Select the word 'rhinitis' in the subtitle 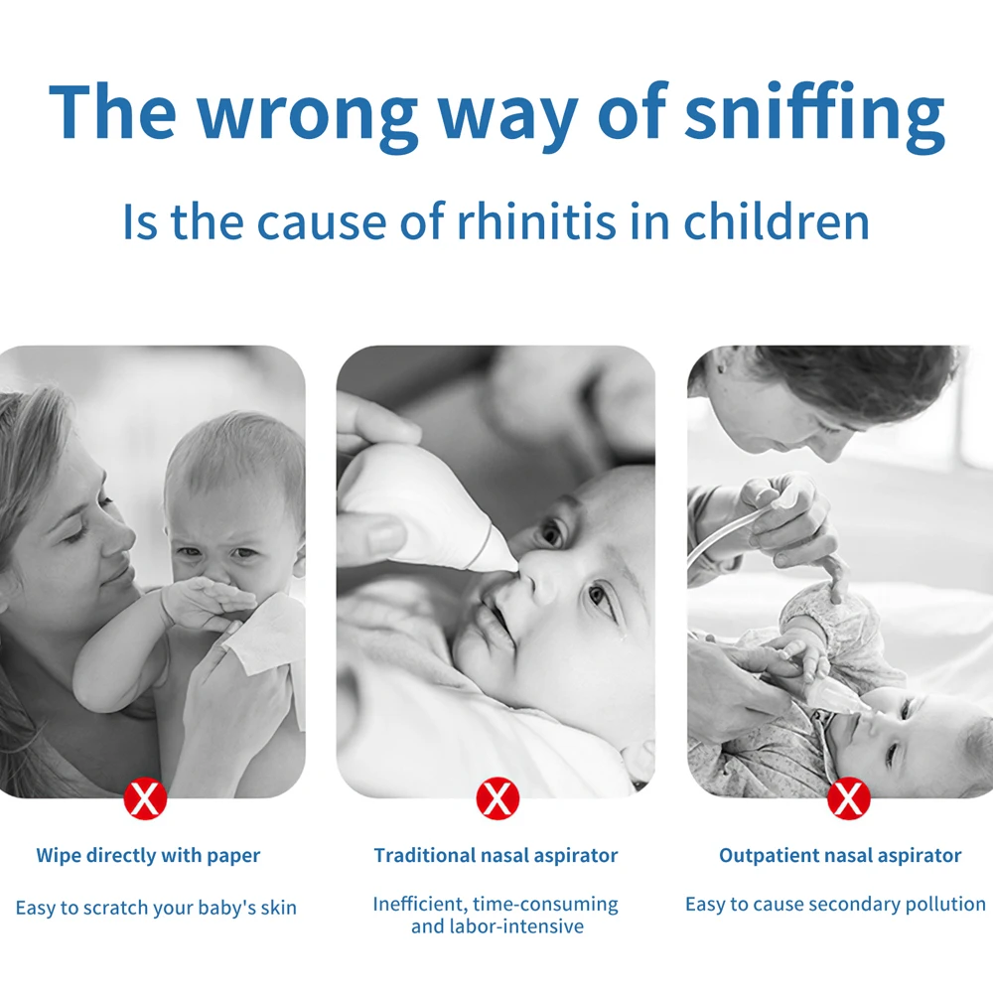tap(536, 221)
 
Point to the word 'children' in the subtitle tap(777, 221)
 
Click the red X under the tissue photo tap(145, 798)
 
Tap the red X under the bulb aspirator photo tap(497, 798)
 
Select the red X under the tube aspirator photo tap(849, 798)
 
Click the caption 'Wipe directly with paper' tap(148, 856)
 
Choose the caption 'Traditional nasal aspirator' tap(496, 856)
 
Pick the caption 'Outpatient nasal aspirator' tap(840, 856)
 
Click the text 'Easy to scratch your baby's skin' tap(156, 909)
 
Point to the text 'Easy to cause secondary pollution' tap(835, 905)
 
